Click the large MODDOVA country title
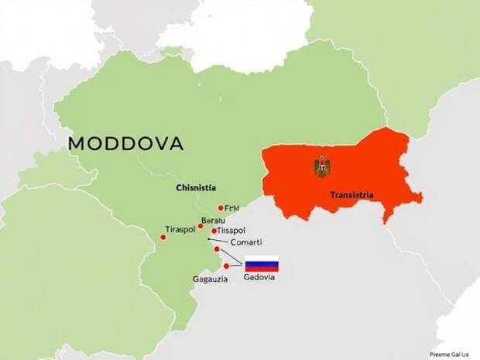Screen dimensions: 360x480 [x=125, y=143]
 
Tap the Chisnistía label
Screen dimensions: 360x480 [x=196, y=188]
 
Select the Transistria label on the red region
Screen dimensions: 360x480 [x=351, y=195]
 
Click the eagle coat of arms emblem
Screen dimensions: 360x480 [x=321, y=166]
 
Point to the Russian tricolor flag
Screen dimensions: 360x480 [x=262, y=262]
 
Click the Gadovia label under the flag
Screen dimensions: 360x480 [x=259, y=277]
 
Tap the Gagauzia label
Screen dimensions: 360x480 [x=210, y=279]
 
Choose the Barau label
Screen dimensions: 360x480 [x=213, y=221]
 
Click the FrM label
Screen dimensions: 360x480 [x=231, y=207]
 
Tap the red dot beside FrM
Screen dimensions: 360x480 [x=221, y=207]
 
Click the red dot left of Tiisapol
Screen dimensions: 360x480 [x=214, y=231]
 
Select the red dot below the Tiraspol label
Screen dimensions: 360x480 [x=163, y=237]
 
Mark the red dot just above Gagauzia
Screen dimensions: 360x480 [x=226, y=266]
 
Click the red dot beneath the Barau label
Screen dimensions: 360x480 [x=201, y=226]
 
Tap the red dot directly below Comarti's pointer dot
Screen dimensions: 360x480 [x=217, y=249]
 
